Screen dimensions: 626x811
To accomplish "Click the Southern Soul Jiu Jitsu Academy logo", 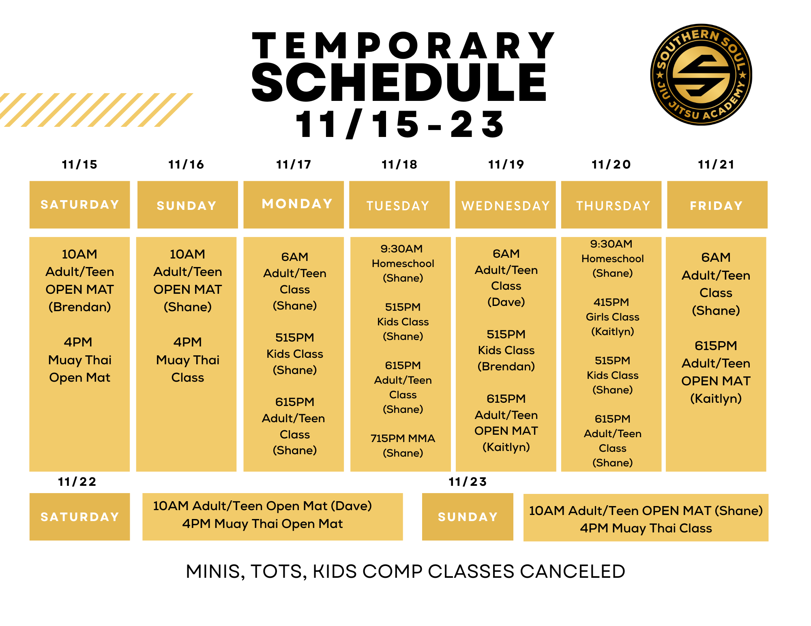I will click(701, 75).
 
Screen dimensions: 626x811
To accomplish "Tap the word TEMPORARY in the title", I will click(403, 46).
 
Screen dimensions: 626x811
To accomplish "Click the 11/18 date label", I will click(399, 165).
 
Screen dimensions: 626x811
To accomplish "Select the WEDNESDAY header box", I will click(505, 205).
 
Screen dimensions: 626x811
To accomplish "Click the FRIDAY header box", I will click(717, 205).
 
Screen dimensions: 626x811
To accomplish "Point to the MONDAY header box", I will click(297, 204).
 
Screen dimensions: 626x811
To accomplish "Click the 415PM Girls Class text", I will click(612, 310).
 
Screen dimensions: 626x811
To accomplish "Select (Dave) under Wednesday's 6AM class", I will click(506, 302).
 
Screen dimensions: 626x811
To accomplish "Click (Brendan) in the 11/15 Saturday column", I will click(79, 307).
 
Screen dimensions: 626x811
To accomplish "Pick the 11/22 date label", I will click(77, 482).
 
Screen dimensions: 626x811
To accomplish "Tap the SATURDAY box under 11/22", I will click(79, 517).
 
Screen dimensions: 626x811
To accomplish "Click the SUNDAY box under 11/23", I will click(468, 517).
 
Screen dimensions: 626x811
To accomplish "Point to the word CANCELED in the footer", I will click(572, 571).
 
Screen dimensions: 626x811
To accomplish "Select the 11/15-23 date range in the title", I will click(399, 124).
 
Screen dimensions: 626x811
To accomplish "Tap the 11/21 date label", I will click(716, 165).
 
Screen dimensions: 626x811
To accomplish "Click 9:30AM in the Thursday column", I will click(611, 244).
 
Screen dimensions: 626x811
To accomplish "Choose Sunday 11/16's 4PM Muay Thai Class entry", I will click(187, 360).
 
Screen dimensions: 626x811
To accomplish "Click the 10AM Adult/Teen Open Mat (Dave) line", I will click(262, 506).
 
